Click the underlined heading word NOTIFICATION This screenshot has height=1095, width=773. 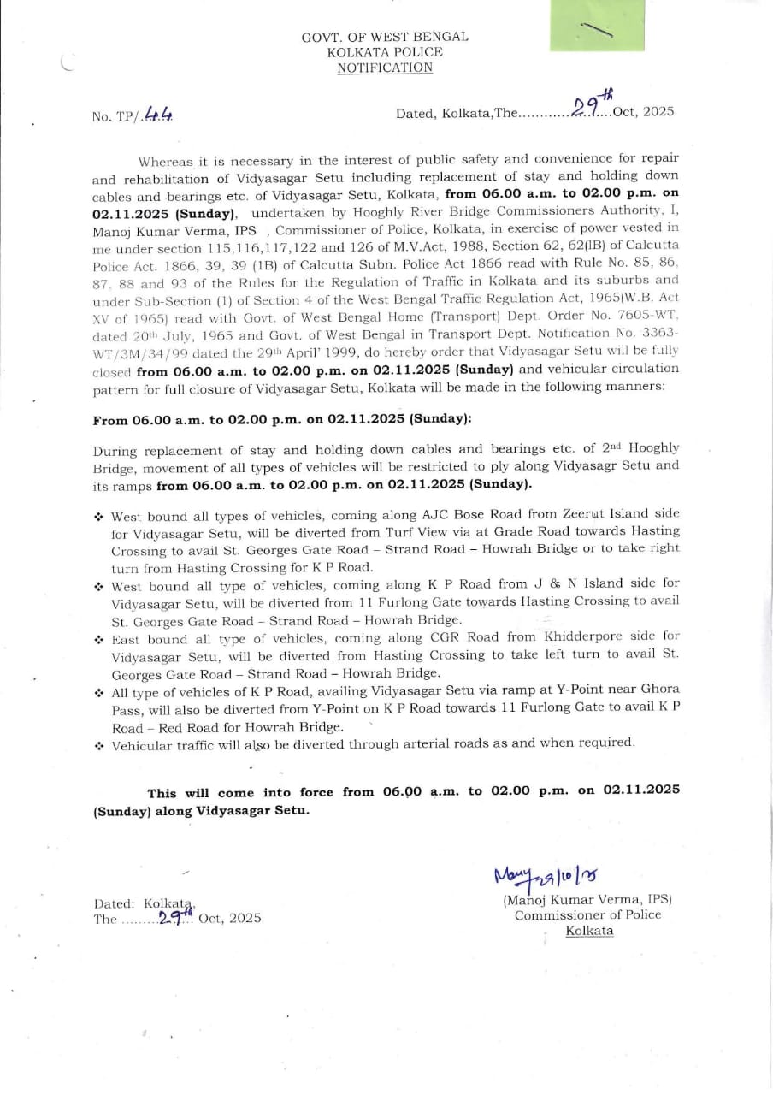pyautogui.click(x=385, y=68)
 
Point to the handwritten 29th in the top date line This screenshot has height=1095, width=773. pyautogui.click(x=592, y=105)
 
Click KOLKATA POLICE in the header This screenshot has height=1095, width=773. pyautogui.click(x=385, y=52)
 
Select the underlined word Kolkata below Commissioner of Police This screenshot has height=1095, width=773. pyautogui.click(x=589, y=931)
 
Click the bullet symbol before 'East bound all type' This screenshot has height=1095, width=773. pyautogui.click(x=99, y=638)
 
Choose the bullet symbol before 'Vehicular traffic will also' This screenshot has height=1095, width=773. pyautogui.click(x=99, y=744)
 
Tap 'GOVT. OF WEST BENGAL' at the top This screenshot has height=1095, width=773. pyautogui.click(x=385, y=37)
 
